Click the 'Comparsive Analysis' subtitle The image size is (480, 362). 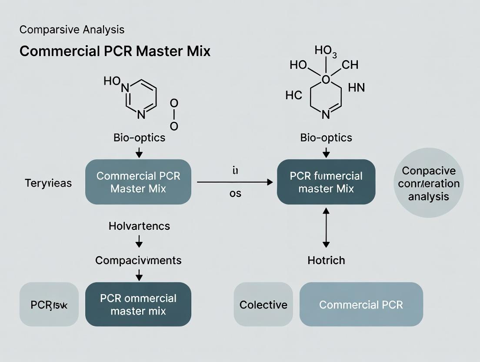pos(72,30)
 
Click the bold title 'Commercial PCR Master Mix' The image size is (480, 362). pos(115,51)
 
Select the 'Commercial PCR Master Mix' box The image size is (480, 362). pos(138,182)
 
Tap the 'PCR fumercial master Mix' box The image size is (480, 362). pos(326,182)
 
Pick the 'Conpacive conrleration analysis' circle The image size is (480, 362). pos(428,183)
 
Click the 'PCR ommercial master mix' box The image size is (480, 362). pos(138,304)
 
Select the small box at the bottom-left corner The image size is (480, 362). pos(49,305)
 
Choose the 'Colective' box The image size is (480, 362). pos(263,305)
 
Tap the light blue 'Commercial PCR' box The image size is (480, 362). pos(361,305)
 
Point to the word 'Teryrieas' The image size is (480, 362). pos(48,183)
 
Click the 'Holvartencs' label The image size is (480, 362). pos(139,226)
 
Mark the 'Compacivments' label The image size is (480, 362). pos(138,260)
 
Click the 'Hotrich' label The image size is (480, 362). pos(326,260)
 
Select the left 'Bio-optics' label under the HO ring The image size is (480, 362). pos(139,138)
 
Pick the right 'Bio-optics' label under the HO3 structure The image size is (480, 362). pos(326,138)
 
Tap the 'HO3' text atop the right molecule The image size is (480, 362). pos(326,51)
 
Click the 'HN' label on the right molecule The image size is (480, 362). pos(357,88)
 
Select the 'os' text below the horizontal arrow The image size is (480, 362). pos(235,193)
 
